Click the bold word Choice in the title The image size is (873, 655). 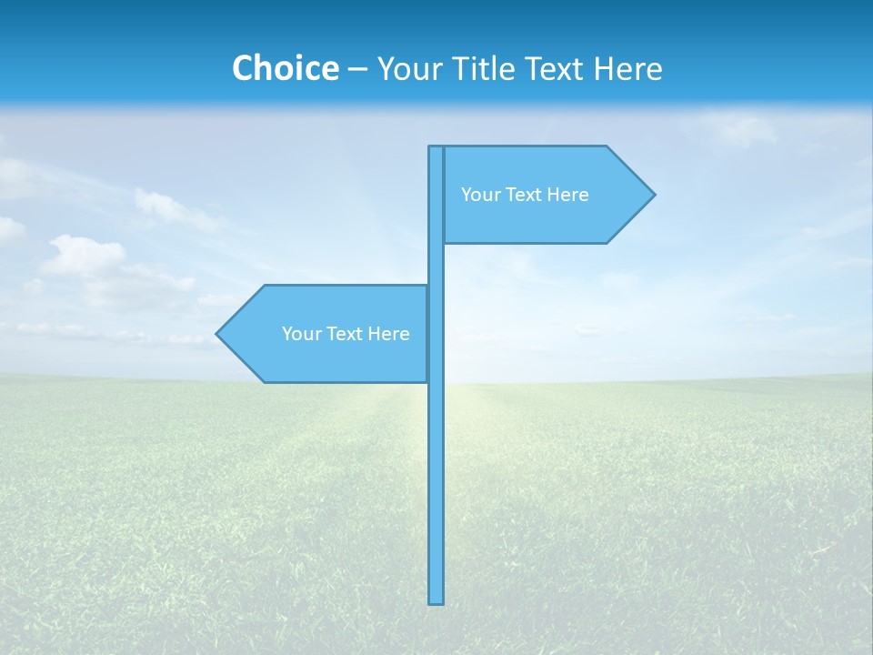click(x=285, y=68)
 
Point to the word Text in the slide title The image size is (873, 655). click(x=565, y=68)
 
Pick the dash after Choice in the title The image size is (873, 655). click(x=357, y=70)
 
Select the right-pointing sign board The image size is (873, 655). click(x=546, y=195)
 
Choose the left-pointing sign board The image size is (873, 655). click(x=327, y=334)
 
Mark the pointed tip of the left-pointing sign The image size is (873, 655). click(x=218, y=334)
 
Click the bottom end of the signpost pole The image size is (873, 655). click(x=436, y=600)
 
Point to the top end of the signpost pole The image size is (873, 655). click(x=436, y=149)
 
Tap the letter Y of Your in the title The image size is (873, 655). click(x=385, y=68)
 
